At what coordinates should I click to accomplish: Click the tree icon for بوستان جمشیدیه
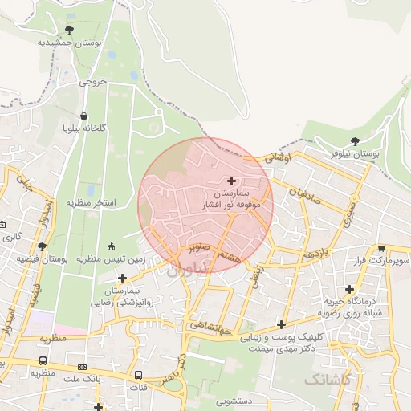coord(69,31)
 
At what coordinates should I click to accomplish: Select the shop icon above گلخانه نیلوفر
coord(85,115)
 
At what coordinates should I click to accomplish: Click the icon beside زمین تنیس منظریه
coord(111,246)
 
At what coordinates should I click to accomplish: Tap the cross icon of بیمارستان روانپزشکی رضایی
coord(122,278)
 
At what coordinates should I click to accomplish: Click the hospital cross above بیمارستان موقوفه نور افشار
coord(232,180)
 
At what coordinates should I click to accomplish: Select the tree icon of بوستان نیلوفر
coord(356,140)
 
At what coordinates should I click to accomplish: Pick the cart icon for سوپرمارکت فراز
coord(382,249)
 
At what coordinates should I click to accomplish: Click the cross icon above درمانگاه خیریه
coord(349,289)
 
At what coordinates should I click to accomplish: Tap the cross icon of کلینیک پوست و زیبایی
coord(281,324)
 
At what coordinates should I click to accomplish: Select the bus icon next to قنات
coord(138,375)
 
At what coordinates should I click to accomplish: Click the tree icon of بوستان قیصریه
coord(42,246)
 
